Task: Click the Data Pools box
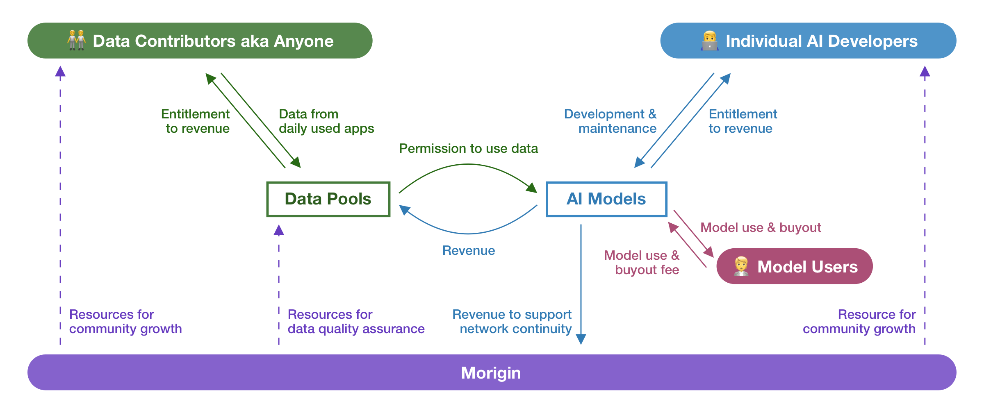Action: [x=328, y=199]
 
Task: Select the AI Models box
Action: [x=606, y=199]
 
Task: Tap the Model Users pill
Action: [x=794, y=266]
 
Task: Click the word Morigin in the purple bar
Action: [x=491, y=373]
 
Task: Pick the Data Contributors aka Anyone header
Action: [x=200, y=41]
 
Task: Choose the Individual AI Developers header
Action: [x=808, y=41]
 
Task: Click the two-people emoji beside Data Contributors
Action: [x=77, y=40]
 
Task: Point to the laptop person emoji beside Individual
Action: [x=710, y=41]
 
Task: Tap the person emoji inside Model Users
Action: [x=741, y=266]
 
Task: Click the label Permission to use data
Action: [x=468, y=148]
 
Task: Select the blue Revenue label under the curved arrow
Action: [x=468, y=250]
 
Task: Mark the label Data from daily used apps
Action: [x=326, y=121]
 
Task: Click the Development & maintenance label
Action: [x=610, y=121]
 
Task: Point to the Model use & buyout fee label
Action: [x=642, y=263]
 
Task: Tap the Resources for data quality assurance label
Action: [x=356, y=322]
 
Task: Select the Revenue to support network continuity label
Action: [x=512, y=322]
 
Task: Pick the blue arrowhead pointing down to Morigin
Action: [x=581, y=339]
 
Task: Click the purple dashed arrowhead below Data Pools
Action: [x=279, y=230]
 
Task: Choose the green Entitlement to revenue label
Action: [x=196, y=121]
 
